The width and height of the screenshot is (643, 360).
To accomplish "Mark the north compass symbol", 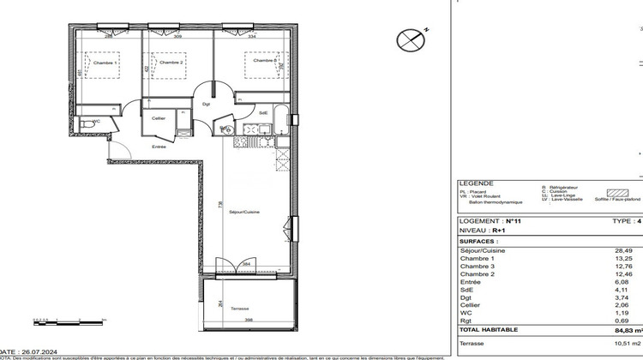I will click(x=410, y=39).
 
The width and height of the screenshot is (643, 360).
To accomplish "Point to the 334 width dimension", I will click(x=252, y=38).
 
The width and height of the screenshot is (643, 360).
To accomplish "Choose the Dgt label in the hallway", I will click(x=206, y=105).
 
